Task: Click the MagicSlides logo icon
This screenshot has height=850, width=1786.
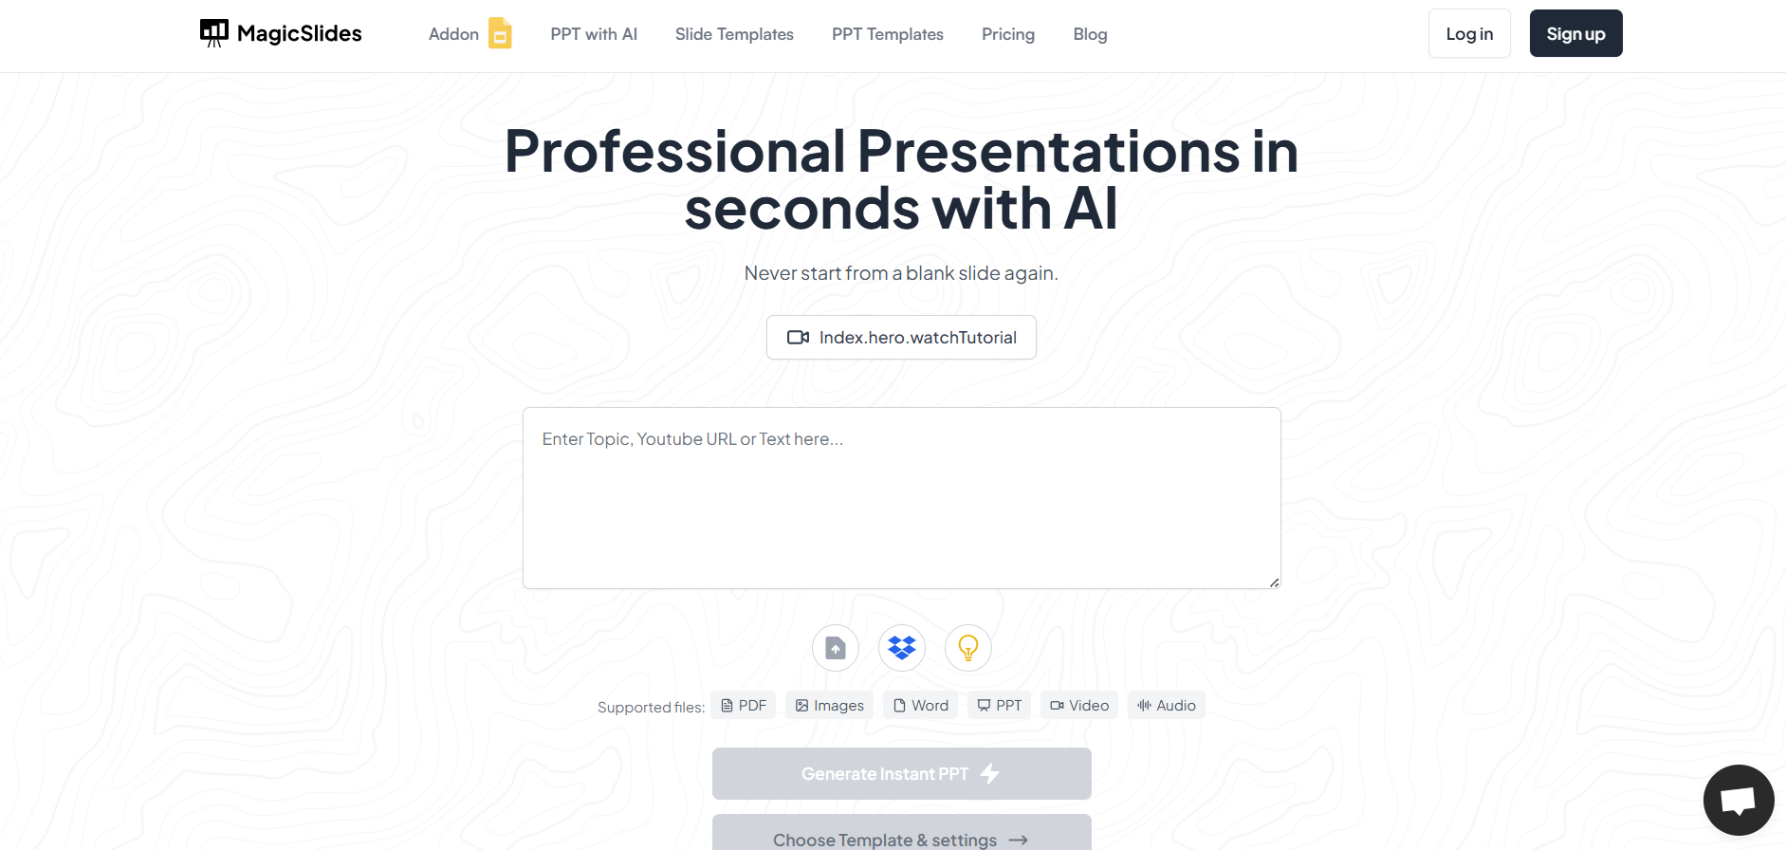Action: (214, 33)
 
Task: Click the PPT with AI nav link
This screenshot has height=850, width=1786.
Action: (594, 34)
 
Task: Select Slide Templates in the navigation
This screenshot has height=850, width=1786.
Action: (734, 34)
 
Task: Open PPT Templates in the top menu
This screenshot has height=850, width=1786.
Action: (888, 34)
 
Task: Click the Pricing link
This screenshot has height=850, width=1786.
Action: (1008, 34)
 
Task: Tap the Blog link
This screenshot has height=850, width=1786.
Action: (1090, 34)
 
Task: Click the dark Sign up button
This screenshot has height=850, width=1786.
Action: (1575, 33)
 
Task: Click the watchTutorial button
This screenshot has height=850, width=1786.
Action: (901, 337)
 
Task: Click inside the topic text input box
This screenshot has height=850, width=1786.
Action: (901, 498)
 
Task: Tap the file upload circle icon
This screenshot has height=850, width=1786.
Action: (836, 648)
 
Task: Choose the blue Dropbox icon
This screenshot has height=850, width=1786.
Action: (902, 648)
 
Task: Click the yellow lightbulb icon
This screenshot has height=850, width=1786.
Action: (968, 648)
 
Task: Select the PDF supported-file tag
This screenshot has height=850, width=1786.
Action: (744, 705)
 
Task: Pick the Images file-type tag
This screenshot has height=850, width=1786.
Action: (830, 705)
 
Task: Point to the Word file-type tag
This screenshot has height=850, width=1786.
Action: (921, 705)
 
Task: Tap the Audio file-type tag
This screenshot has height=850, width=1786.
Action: (1167, 705)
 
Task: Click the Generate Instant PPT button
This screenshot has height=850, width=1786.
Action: (901, 773)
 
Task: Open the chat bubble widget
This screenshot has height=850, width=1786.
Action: (1739, 800)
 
